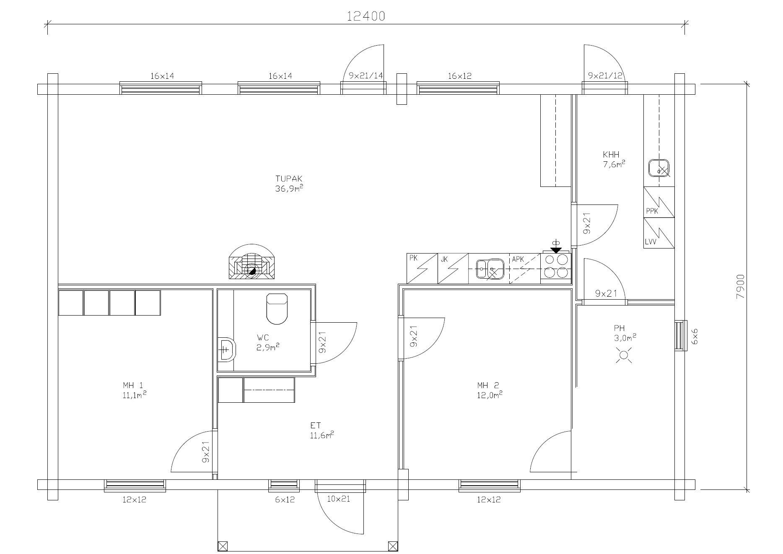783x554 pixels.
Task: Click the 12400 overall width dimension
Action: pyautogui.click(x=366, y=16)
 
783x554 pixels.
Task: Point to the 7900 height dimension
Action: pyautogui.click(x=740, y=286)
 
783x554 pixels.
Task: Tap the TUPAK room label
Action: pyautogui.click(x=289, y=179)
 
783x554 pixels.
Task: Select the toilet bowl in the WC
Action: pyautogui.click(x=277, y=309)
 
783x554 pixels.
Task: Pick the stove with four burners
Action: pyautogui.click(x=555, y=268)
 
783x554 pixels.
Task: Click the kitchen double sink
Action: pyautogui.click(x=490, y=268)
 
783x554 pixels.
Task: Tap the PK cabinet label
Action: pyautogui.click(x=413, y=258)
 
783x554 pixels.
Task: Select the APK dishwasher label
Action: pyautogui.click(x=518, y=259)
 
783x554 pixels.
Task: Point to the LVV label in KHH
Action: pyautogui.click(x=651, y=242)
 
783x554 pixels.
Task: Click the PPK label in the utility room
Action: pyautogui.click(x=652, y=211)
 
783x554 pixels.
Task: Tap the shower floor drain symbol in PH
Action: pyautogui.click(x=624, y=355)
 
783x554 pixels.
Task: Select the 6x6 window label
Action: pyautogui.click(x=695, y=336)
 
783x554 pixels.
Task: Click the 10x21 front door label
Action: pyautogui.click(x=338, y=499)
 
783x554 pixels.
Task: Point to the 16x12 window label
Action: pyautogui.click(x=460, y=76)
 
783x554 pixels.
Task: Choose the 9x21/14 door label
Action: pyautogui.click(x=366, y=76)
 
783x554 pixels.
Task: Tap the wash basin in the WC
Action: pyautogui.click(x=227, y=348)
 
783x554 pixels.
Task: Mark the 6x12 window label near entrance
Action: pyautogui.click(x=285, y=500)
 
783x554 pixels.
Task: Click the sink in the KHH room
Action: pyautogui.click(x=659, y=168)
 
